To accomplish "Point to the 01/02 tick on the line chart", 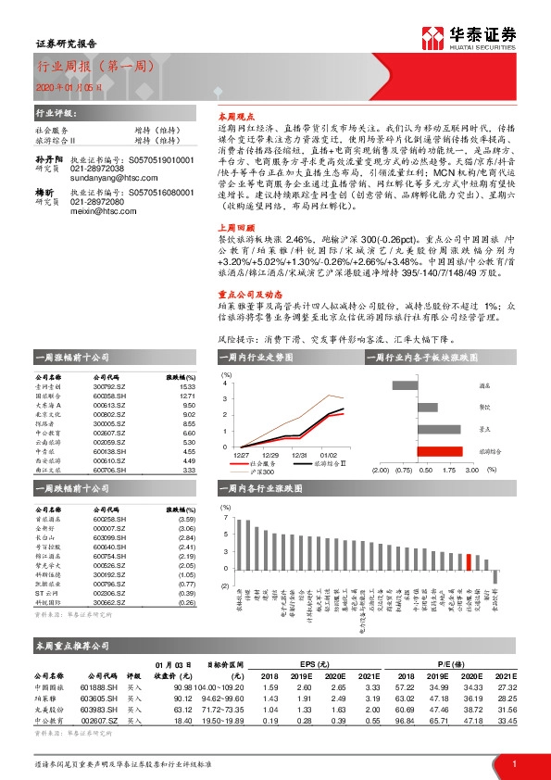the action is (x=329, y=455).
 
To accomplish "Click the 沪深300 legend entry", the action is (x=251, y=472).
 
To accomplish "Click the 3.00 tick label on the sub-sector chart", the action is (x=471, y=470).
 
